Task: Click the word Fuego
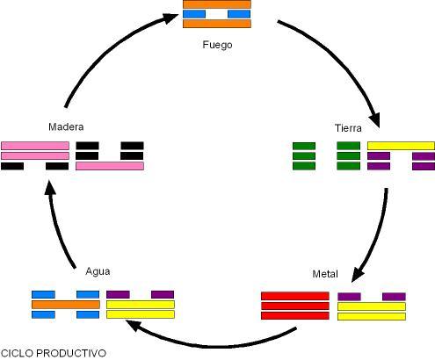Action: pyautogui.click(x=217, y=45)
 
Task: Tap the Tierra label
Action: pyautogui.click(x=348, y=128)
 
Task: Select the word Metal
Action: pyautogui.click(x=325, y=274)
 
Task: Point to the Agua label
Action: pyautogui.click(x=98, y=271)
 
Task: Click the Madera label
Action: pyautogui.click(x=66, y=126)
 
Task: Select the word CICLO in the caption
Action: pyautogui.click(x=17, y=353)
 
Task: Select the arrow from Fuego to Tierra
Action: pyautogui.click(x=343, y=59)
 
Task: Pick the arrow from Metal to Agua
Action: pyautogui.click(x=211, y=345)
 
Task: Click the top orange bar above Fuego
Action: pyautogui.click(x=217, y=4)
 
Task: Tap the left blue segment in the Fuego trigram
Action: pyautogui.click(x=194, y=14)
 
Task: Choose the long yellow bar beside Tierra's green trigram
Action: pyautogui.click(x=401, y=146)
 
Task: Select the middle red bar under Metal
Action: pyautogui.click(x=295, y=306)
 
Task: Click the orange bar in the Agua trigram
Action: pyautogui.click(x=66, y=305)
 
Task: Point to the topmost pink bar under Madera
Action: pyautogui.click(x=35, y=146)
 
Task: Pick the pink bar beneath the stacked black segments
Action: pyautogui.click(x=110, y=166)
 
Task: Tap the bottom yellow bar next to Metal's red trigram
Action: pyautogui.click(x=372, y=316)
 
